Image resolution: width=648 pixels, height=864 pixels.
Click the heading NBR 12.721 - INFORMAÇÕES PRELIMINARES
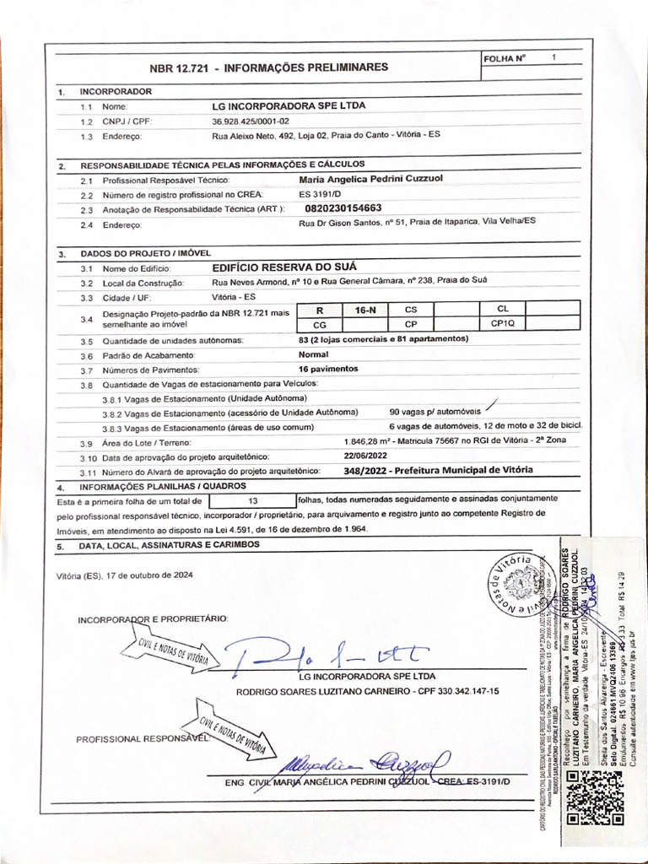[x=268, y=67]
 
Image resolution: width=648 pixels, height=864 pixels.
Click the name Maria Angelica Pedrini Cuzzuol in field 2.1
[x=370, y=179]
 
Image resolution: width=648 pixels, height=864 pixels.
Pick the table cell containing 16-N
[x=365, y=310]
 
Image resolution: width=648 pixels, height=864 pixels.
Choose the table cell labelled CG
[x=319, y=324]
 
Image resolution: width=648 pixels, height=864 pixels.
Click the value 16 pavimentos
[x=328, y=369]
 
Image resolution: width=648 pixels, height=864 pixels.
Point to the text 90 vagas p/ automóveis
[x=434, y=412]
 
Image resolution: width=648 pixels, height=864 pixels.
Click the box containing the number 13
[x=252, y=499]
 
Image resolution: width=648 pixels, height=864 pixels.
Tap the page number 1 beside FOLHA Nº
[x=553, y=58]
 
